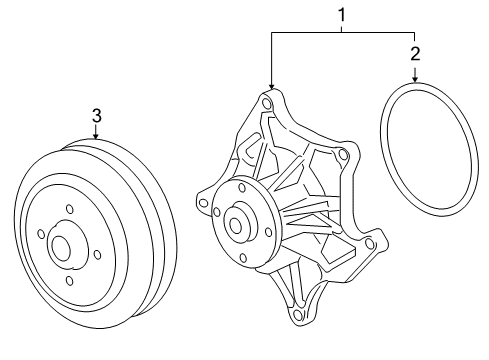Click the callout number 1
342,15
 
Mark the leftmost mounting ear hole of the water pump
204,203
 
